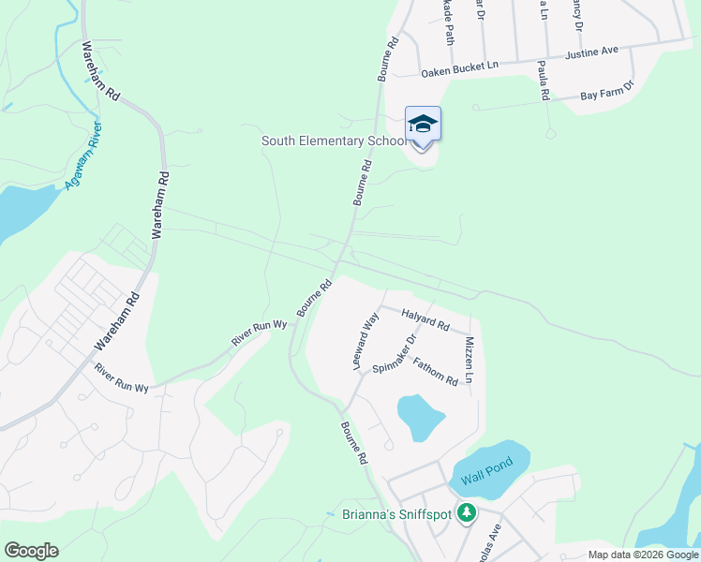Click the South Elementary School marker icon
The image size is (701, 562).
coord(423,125)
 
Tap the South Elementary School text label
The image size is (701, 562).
coord(335,141)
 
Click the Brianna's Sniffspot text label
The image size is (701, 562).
coord(396,513)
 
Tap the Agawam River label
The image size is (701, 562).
coord(83,155)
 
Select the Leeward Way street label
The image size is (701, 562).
coord(365,341)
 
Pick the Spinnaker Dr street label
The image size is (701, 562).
coord(394,355)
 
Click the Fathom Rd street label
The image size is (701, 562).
coord(435,374)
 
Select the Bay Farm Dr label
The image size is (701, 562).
coord(606,91)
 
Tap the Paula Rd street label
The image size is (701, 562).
coord(543,81)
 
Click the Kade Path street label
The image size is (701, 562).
coord(449,23)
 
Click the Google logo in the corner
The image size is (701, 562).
coord(31,551)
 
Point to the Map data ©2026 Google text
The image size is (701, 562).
coord(642,555)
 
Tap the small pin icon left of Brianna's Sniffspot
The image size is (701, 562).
coord(330,514)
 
